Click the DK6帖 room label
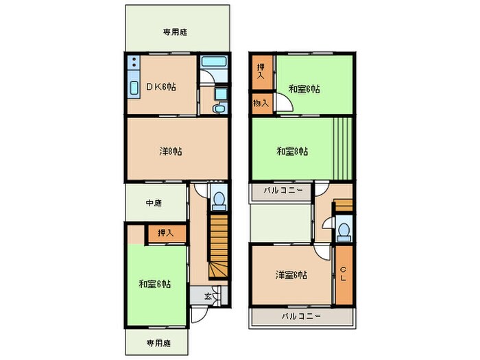(x=161, y=87)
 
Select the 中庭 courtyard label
(x=154, y=203)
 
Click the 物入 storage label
(x=260, y=103)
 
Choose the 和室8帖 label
(x=292, y=151)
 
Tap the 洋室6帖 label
(x=291, y=276)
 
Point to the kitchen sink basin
(x=132, y=89)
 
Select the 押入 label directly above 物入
(x=260, y=71)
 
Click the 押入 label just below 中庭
(x=166, y=233)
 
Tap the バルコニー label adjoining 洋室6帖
(x=301, y=316)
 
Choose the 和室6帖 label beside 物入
(x=304, y=89)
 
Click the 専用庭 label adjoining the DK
(x=176, y=32)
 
